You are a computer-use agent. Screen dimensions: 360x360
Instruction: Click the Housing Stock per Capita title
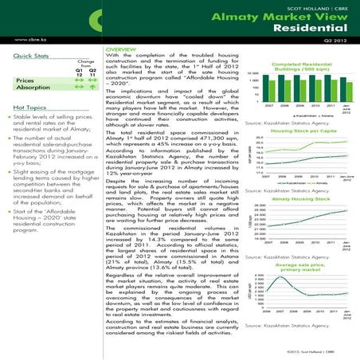307,131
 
